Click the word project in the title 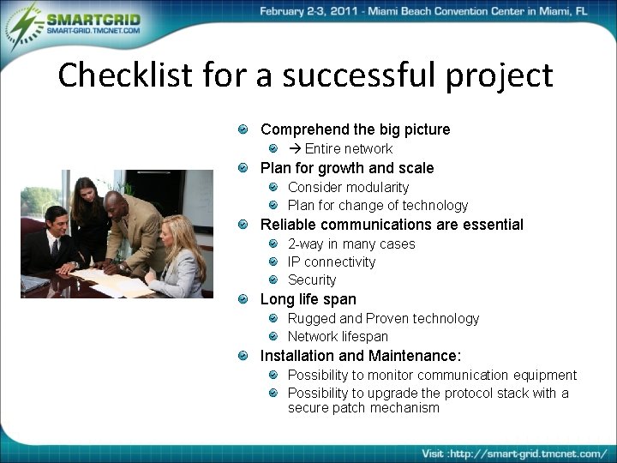click(x=499, y=76)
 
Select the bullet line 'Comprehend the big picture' click(x=355, y=129)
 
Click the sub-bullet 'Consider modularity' click(x=348, y=187)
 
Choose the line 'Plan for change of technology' click(x=377, y=205)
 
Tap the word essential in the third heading click(x=491, y=225)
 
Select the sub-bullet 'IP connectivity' click(x=331, y=262)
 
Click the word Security click(x=312, y=280)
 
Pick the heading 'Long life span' click(x=308, y=299)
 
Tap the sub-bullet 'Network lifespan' click(x=338, y=336)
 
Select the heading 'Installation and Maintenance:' click(x=360, y=356)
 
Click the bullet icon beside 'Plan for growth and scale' click(x=244, y=169)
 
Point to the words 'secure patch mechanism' click(x=363, y=408)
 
